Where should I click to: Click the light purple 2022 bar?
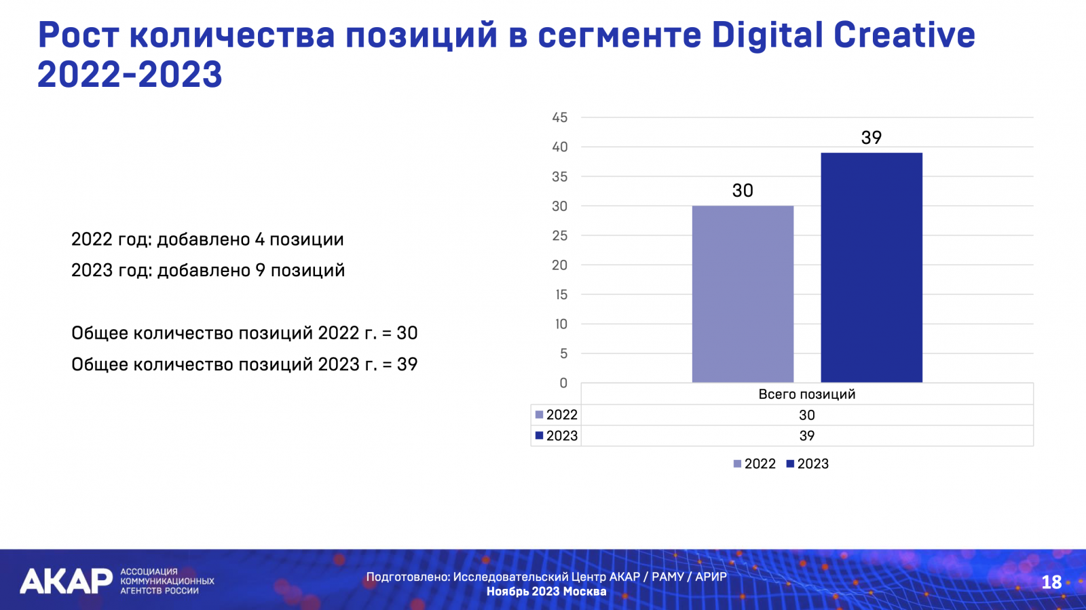[743, 294]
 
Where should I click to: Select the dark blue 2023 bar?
[871, 267]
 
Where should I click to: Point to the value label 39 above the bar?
[871, 138]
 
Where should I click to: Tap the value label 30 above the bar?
[743, 191]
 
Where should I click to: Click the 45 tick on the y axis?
[559, 117]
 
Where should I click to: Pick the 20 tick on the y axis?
[559, 265]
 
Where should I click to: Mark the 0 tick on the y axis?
[563, 383]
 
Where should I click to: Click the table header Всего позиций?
[806, 394]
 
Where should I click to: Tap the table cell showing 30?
[806, 415]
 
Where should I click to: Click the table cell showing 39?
[806, 436]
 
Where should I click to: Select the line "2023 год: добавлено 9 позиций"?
[208, 270]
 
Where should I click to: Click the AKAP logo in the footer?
[66, 581]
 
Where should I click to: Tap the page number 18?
[1051, 582]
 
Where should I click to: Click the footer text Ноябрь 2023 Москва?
[546, 591]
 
